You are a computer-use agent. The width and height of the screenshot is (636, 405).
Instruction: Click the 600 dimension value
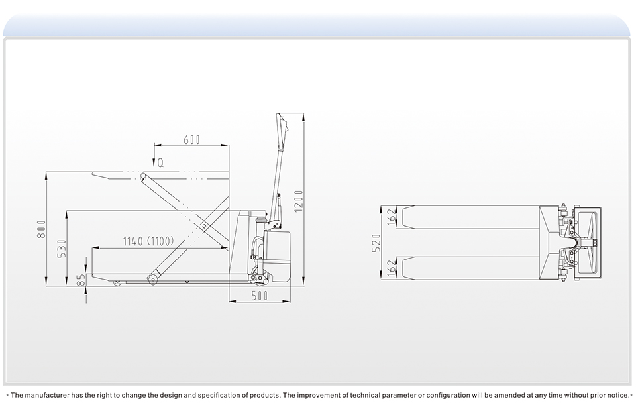[192, 140]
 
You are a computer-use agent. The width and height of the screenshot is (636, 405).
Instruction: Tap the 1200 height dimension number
[299, 200]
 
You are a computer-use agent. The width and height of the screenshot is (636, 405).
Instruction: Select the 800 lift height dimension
[41, 229]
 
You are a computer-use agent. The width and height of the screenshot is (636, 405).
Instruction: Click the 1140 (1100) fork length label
[148, 241]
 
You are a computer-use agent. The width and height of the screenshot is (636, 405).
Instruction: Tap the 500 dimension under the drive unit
[260, 296]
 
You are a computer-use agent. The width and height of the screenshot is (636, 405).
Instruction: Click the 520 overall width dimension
[376, 243]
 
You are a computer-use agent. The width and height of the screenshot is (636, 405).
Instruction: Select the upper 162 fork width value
[392, 217]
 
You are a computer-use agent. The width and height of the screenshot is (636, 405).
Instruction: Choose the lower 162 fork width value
[392, 268]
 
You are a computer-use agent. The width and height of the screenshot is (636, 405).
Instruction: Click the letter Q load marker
[160, 163]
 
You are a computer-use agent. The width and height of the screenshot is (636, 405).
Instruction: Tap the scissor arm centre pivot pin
[204, 225]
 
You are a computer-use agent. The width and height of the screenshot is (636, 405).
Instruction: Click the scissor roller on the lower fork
[153, 278]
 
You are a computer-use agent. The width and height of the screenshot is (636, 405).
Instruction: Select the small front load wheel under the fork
[118, 282]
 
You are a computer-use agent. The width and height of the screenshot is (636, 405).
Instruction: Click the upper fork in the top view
[470, 217]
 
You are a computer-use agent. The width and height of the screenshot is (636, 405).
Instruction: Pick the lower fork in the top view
[470, 267]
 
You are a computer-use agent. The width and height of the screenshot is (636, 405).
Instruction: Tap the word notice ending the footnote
[619, 395]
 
